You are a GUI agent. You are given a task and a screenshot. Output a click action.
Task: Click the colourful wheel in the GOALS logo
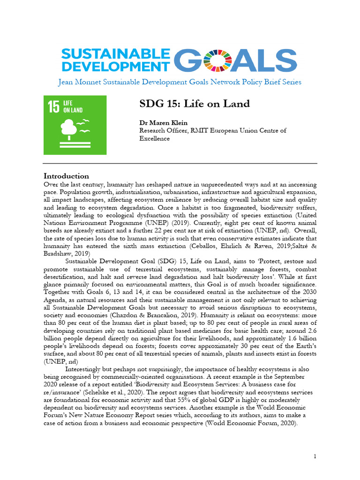222,61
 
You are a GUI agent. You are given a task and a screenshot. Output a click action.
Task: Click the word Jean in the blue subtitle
66,82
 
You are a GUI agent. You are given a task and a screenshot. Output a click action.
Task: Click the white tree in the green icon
69,128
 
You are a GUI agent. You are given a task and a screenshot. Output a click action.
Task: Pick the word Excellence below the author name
155,138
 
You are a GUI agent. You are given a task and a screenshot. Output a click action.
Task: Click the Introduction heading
66,176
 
